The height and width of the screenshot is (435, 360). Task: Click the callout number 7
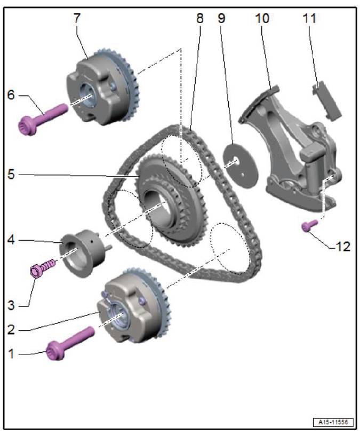(x=77, y=18)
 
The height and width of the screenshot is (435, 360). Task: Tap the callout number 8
(x=199, y=18)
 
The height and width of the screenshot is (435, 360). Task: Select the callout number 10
(x=262, y=18)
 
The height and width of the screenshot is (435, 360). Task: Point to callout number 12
(x=343, y=247)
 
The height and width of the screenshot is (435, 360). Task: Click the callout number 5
(x=11, y=174)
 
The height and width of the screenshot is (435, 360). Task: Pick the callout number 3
(x=11, y=305)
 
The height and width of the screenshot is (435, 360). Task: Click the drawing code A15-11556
(x=333, y=422)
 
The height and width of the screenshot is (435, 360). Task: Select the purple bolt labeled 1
(x=70, y=343)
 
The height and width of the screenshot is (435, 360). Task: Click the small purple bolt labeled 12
(x=309, y=225)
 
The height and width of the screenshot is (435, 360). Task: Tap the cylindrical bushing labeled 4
(x=83, y=253)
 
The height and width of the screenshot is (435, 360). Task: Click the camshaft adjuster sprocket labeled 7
(x=102, y=86)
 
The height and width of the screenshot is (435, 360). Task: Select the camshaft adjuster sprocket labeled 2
(x=133, y=305)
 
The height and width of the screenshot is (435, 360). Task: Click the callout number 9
(x=221, y=18)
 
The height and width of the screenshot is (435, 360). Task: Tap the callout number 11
(x=309, y=18)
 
